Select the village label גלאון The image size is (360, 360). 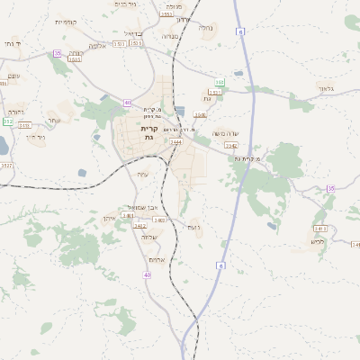[326, 88]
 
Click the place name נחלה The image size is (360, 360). [205, 27]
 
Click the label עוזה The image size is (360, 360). [142, 174]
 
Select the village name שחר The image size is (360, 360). [54, 120]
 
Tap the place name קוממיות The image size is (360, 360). [66, 22]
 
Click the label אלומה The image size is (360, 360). [99, 45]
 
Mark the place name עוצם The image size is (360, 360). [13, 76]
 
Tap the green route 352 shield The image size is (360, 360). [9, 121]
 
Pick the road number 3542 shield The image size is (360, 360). [230, 145]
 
